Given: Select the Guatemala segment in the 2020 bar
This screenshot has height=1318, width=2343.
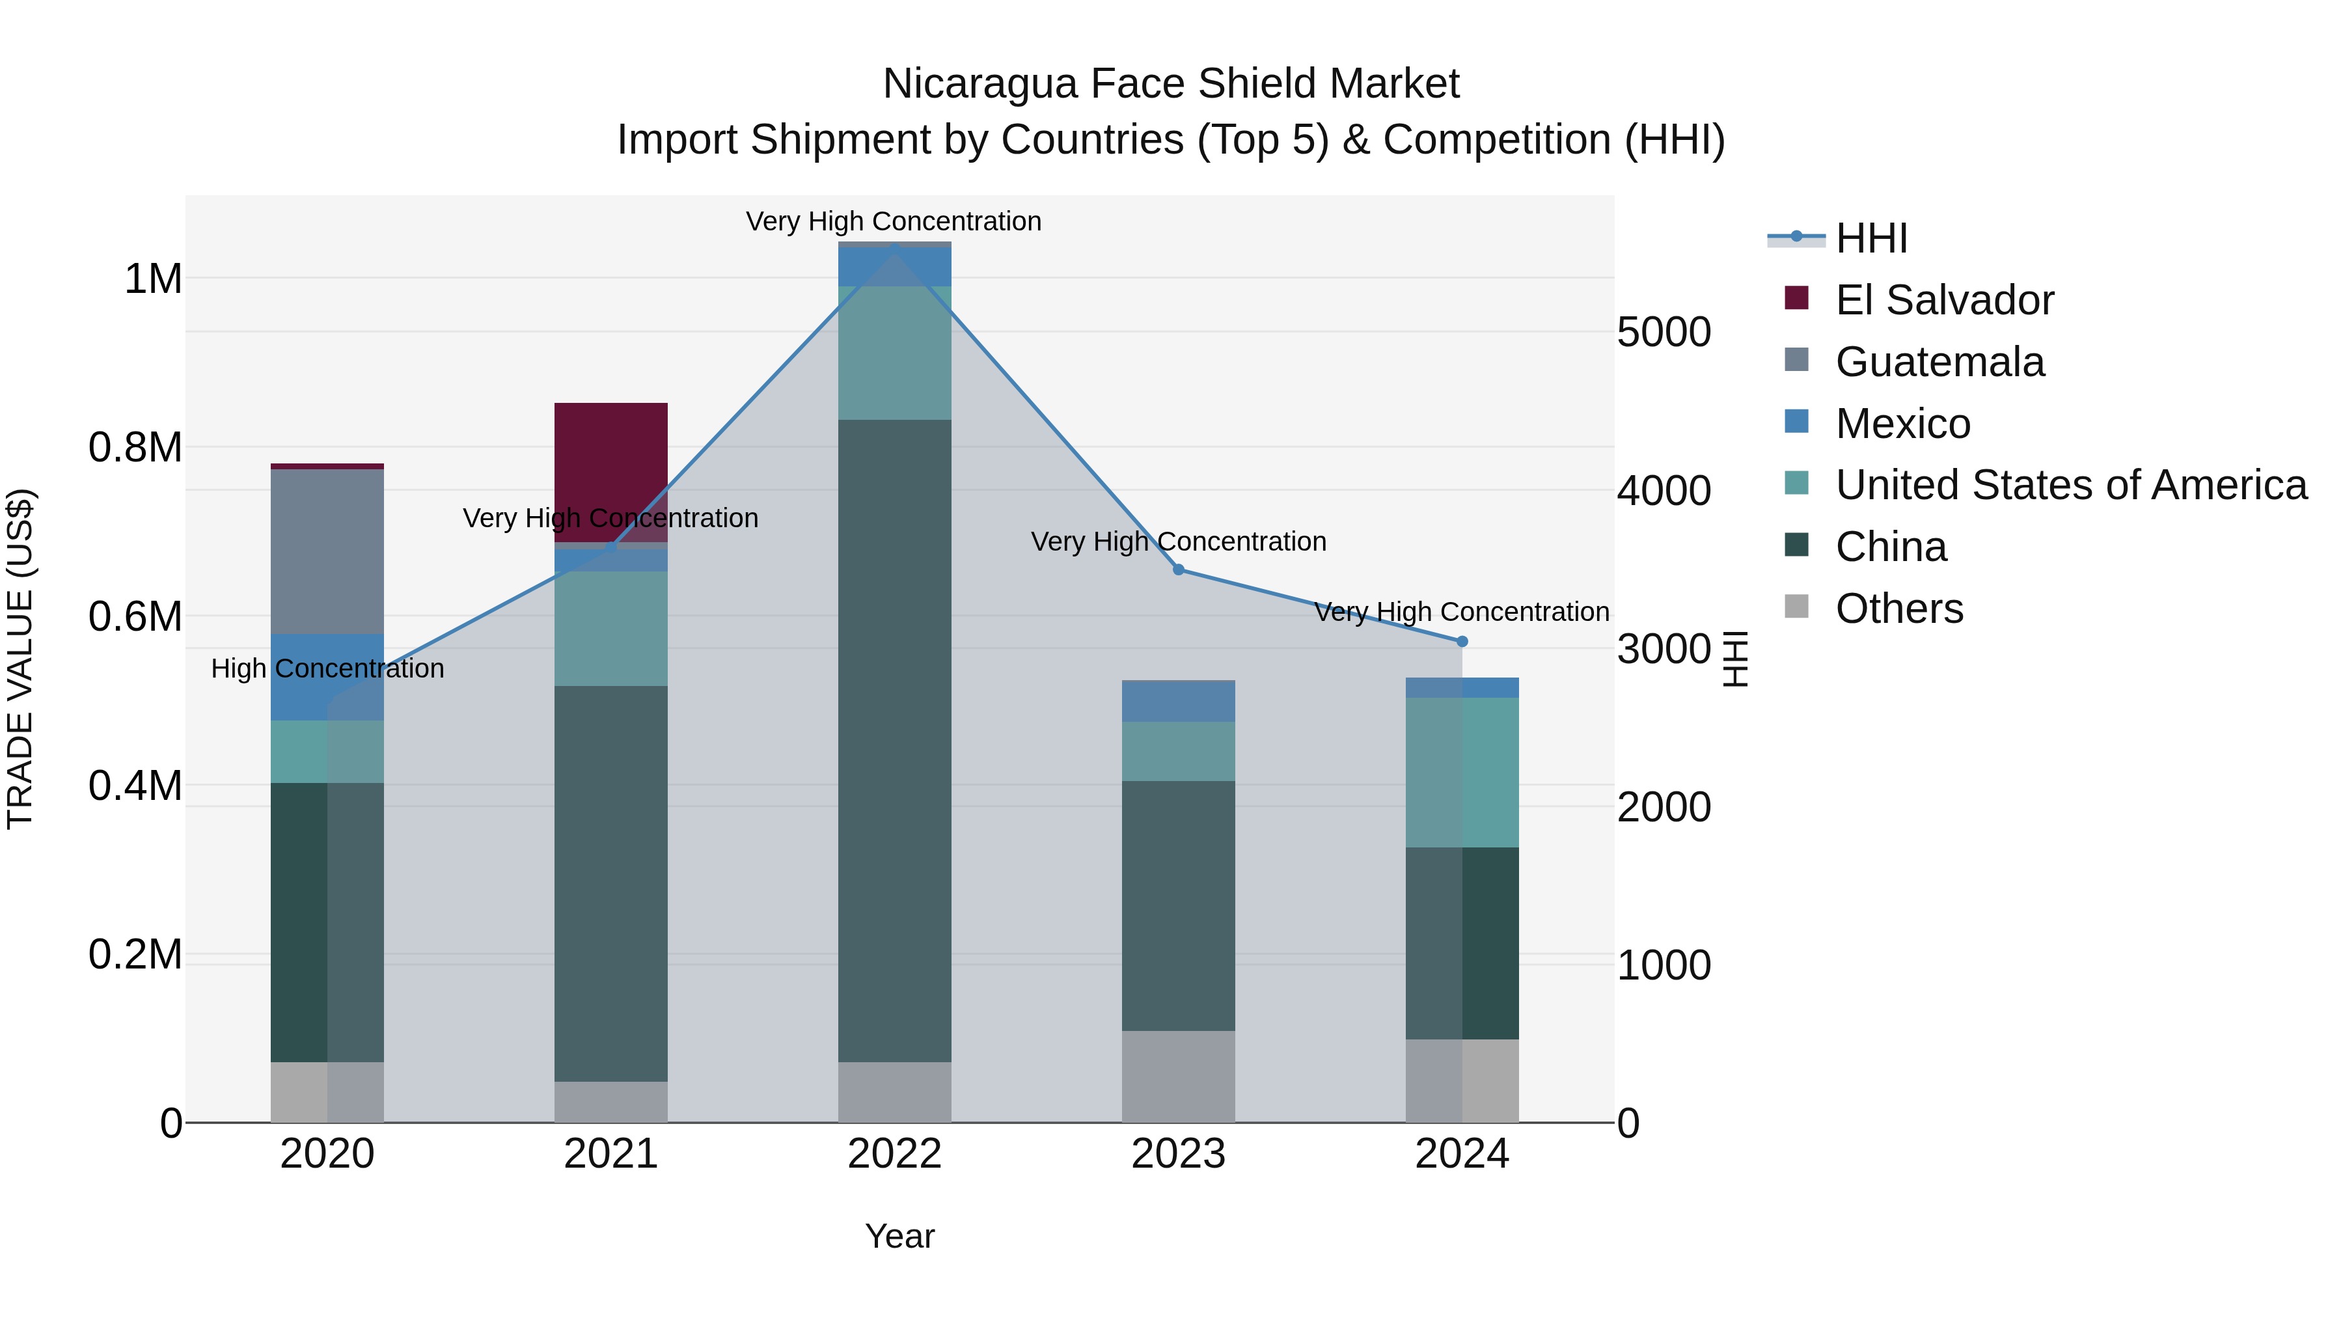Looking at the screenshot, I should point(327,551).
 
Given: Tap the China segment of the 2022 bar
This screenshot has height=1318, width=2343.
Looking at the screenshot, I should point(894,741).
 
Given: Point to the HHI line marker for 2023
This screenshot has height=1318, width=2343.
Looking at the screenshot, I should point(1178,570).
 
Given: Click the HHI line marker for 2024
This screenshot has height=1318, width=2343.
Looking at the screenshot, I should point(1462,641).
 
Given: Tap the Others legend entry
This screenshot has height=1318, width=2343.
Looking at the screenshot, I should point(1898,609).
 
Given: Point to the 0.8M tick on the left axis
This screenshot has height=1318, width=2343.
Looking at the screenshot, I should point(135,448).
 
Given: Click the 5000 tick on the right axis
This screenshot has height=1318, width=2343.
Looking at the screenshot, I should point(1664,332).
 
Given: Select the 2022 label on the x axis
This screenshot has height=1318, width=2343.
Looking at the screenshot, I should point(894,1154).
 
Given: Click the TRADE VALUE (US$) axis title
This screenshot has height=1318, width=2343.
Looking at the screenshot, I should point(21,659).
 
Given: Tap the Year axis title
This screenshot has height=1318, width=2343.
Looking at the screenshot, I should point(899,1236).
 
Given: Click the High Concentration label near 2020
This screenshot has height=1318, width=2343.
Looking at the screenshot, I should point(327,668).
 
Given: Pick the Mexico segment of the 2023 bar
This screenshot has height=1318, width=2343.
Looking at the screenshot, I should point(1178,701).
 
